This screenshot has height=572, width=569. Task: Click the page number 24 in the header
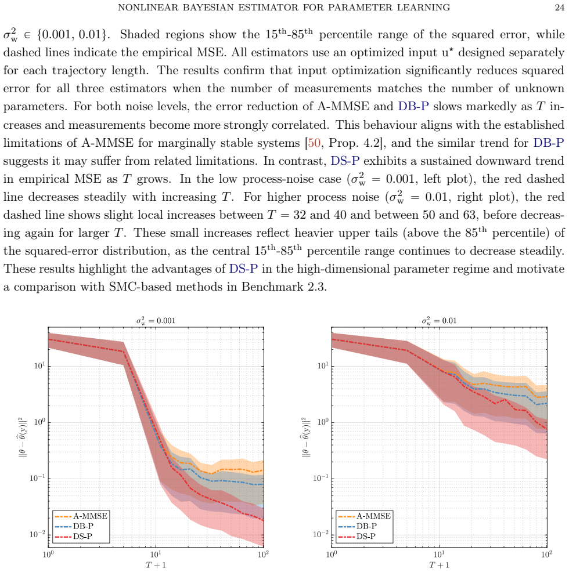560,8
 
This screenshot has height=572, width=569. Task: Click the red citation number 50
314,143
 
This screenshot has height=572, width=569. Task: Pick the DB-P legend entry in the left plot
74,526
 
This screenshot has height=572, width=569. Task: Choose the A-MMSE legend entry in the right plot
365,516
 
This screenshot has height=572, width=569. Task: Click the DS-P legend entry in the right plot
357,536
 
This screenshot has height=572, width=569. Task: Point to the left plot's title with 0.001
156,321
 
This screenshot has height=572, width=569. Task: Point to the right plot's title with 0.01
440,321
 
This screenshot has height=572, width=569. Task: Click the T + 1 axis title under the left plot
156,565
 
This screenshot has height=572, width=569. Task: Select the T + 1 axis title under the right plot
440,565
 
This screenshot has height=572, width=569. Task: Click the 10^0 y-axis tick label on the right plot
323,422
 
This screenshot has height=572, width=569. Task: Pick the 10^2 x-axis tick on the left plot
264,555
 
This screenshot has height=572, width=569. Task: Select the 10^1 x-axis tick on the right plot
439,555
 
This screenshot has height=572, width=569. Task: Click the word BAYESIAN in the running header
208,8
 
